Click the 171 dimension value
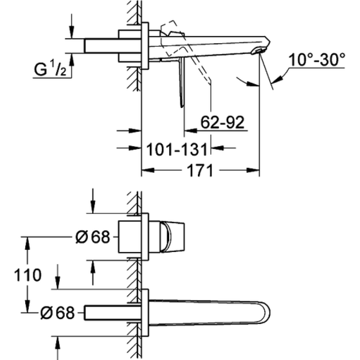200,171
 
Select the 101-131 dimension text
177,149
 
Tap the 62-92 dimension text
222,122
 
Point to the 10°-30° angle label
317,60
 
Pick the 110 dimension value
28,275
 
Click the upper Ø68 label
93,237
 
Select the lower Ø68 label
58,312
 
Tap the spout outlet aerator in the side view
258,51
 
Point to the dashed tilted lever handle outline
186,53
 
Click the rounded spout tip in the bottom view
265,313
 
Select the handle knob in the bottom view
172,237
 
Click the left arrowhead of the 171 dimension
148,171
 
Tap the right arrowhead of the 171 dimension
253,171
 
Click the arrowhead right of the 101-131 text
217,148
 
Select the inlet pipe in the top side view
112,46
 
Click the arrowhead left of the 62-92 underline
190,131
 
